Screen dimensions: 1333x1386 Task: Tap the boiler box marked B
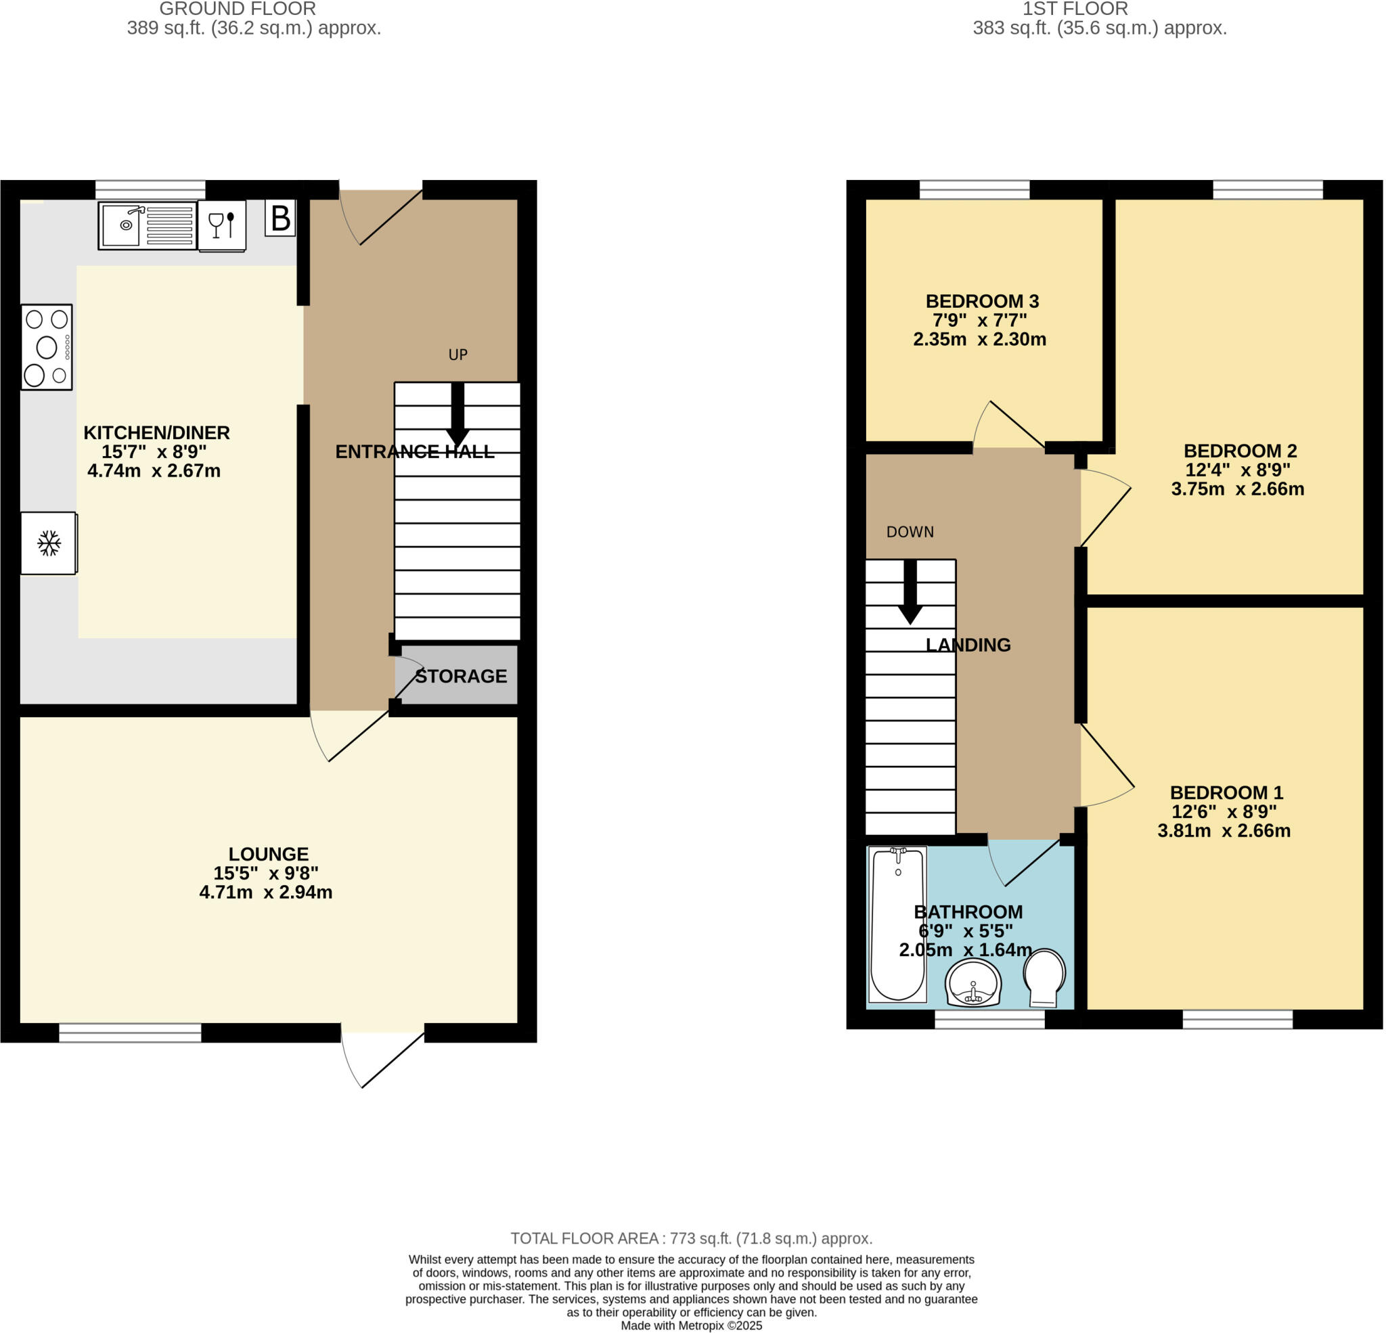pyautogui.click(x=280, y=218)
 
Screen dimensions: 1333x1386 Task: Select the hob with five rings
pyautogui.click(x=47, y=347)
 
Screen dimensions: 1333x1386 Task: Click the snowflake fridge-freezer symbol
pyautogui.click(x=48, y=543)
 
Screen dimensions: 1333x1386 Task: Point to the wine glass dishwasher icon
pyautogui.click(x=221, y=225)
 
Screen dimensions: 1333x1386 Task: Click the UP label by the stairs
pyautogui.click(x=457, y=355)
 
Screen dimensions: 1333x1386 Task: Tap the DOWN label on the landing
pyautogui.click(x=910, y=532)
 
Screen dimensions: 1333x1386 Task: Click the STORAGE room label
pyautogui.click(x=460, y=677)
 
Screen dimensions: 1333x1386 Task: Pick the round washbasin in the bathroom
pyautogui.click(x=973, y=983)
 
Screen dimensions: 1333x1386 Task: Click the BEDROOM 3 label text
pyautogui.click(x=981, y=301)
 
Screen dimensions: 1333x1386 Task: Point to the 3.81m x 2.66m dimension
pyautogui.click(x=1224, y=831)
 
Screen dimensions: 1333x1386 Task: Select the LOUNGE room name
pyautogui.click(x=268, y=854)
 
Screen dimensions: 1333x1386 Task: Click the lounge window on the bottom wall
pyautogui.click(x=130, y=1033)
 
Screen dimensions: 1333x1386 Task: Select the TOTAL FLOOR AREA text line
pyautogui.click(x=691, y=1239)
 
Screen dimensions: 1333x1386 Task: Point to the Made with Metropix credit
pyautogui.click(x=691, y=1326)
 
